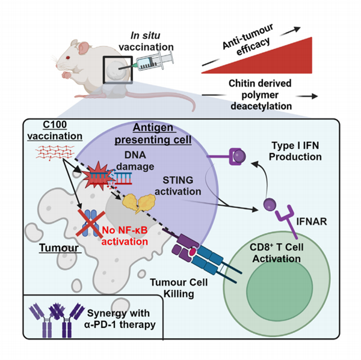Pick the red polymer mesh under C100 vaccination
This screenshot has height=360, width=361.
(54, 157)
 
